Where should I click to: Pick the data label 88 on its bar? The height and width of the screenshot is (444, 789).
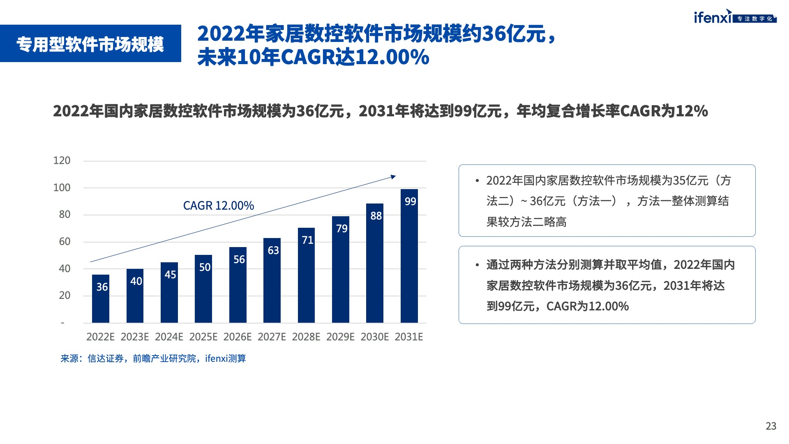[376, 216]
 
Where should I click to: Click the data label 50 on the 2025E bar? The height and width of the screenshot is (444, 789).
[205, 267]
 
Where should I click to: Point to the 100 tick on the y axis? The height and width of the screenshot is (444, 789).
[62, 188]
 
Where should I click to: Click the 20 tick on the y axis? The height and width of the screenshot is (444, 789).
[65, 296]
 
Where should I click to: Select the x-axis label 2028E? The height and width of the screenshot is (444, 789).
[306, 337]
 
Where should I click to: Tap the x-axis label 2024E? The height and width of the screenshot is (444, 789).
[169, 337]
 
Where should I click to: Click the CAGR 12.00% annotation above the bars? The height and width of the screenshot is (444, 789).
[218, 206]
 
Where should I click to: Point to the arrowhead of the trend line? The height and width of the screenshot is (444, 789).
[393, 177]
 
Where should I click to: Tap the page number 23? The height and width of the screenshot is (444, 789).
[771, 426]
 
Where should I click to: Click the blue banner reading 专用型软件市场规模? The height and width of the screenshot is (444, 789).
[90, 44]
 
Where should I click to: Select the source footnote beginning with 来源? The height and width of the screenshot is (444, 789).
[153, 358]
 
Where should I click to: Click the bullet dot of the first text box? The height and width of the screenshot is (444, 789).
[477, 181]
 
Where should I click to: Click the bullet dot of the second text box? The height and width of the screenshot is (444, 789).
[477, 265]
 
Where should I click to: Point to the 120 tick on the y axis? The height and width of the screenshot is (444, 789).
[62, 161]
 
